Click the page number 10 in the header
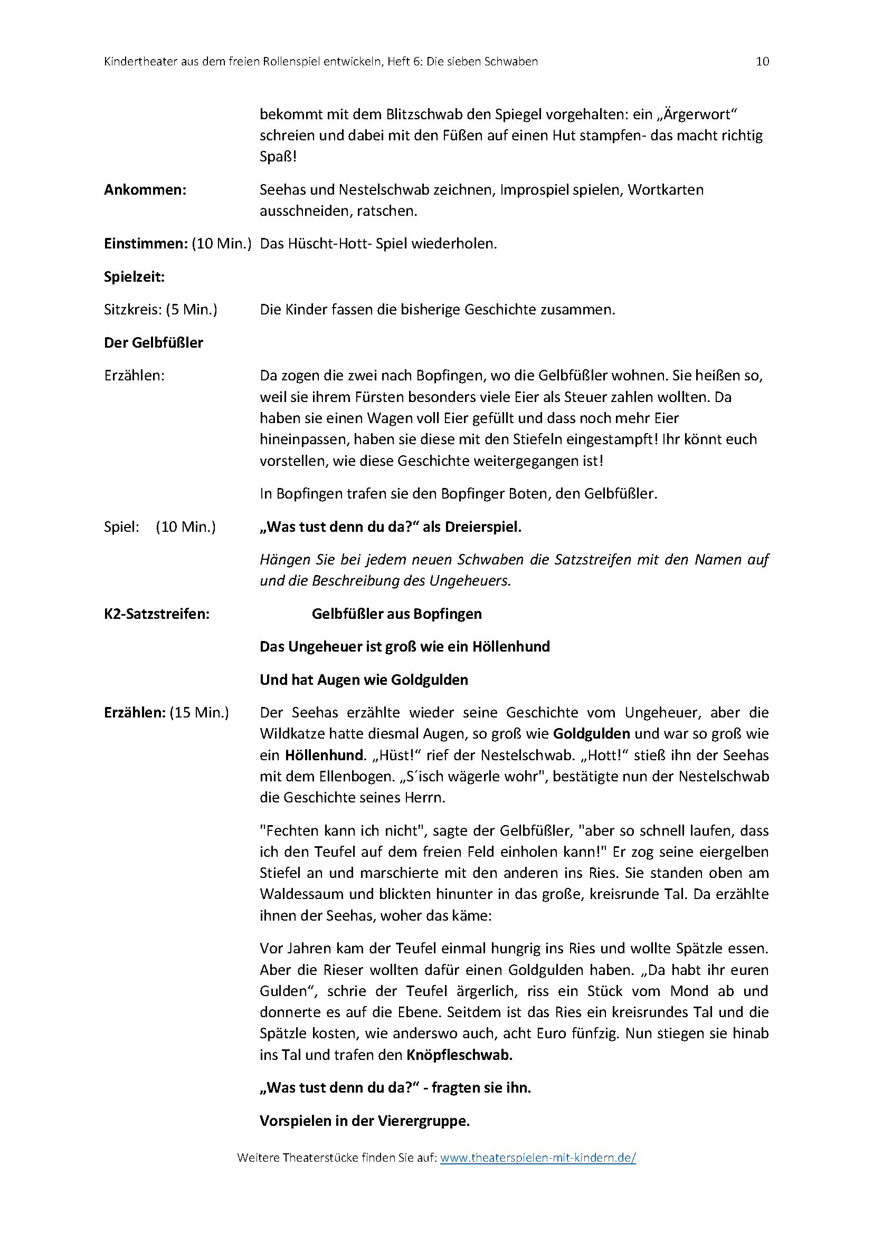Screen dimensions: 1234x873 pyautogui.click(x=762, y=61)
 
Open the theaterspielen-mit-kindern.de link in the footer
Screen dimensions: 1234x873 pyautogui.click(x=537, y=1158)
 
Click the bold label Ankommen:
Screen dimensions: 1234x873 pyautogui.click(x=145, y=190)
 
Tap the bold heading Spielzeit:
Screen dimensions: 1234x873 pyautogui.click(x=135, y=277)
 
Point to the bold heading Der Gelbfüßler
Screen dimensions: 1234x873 pyautogui.click(x=154, y=342)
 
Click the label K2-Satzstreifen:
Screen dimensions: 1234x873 pyautogui.click(x=157, y=614)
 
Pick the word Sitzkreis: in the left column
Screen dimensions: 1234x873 pyautogui.click(x=133, y=310)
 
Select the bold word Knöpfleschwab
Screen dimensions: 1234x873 pyautogui.click(x=459, y=1055)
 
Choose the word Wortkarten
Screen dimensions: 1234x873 pyautogui.click(x=666, y=190)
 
